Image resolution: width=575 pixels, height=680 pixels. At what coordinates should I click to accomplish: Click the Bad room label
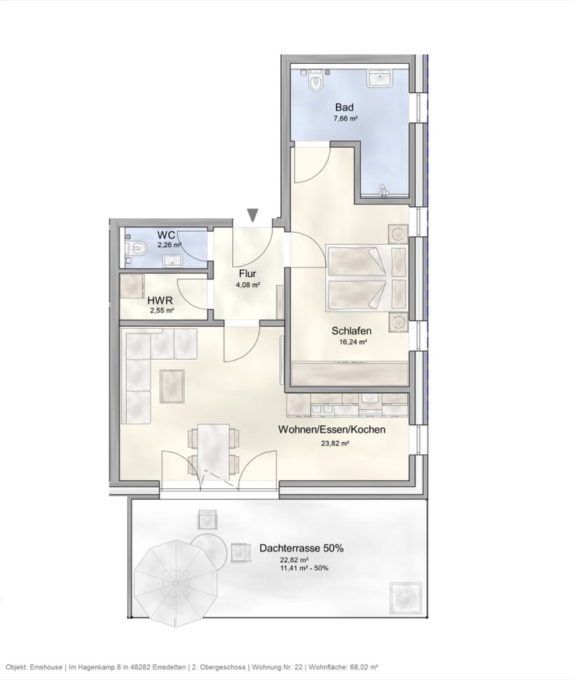(345, 107)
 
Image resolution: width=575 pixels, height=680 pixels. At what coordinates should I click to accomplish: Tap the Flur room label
(247, 273)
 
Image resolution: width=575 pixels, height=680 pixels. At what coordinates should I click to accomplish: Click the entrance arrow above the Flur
(252, 215)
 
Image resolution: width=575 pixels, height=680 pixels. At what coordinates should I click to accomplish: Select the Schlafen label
(351, 331)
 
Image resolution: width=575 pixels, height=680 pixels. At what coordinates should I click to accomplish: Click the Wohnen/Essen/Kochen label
(332, 430)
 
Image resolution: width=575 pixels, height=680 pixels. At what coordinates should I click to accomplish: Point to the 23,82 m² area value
(334, 444)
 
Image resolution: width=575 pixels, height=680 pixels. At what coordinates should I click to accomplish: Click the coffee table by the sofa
(172, 384)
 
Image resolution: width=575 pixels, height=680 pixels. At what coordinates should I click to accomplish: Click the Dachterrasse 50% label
(301, 548)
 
